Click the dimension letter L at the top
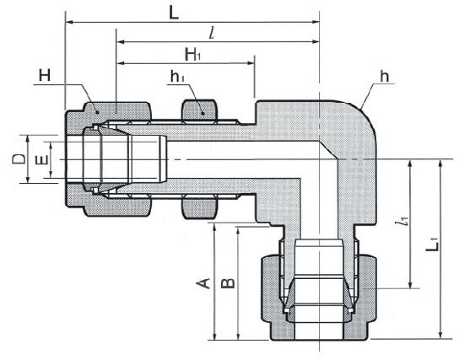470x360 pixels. tap(174, 13)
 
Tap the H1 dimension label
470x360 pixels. tap(192, 54)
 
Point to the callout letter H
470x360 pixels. tap(45, 75)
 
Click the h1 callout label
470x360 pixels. tap(177, 77)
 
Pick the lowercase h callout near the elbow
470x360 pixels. tap(384, 77)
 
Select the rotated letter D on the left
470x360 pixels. tap(19, 159)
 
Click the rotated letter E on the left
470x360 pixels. tap(41, 160)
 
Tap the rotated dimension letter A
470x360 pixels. tap(203, 283)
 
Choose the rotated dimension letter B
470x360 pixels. tap(228, 283)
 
